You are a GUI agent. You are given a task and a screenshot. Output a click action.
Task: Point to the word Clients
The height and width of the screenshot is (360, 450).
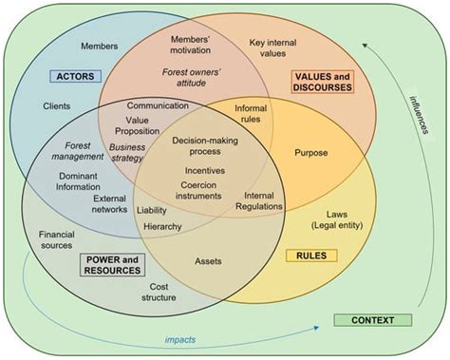57,106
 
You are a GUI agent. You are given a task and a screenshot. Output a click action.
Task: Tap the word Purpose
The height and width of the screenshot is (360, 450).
311,152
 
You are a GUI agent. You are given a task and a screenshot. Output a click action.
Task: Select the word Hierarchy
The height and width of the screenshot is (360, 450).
163,226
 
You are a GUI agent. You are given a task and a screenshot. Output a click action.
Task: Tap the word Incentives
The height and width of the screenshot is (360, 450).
203,171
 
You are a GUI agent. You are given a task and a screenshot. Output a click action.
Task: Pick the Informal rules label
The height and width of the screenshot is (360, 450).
251,114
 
